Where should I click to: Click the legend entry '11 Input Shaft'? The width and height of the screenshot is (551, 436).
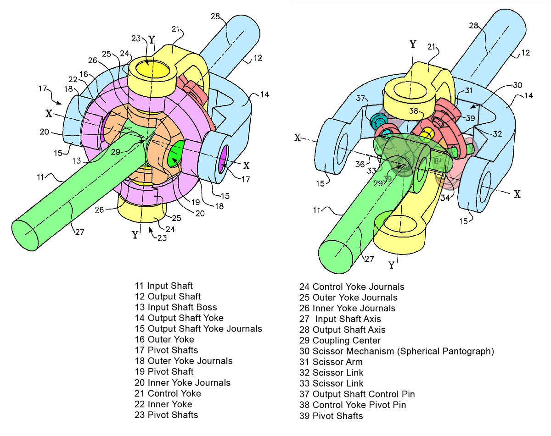click(x=163, y=286)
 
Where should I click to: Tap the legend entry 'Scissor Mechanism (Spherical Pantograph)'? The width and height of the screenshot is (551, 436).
click(x=396, y=351)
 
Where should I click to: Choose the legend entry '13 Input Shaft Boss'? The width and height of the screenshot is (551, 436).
click(x=175, y=307)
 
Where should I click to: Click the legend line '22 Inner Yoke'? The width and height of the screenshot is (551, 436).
click(x=163, y=404)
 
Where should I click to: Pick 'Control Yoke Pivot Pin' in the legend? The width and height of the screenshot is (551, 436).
click(x=353, y=405)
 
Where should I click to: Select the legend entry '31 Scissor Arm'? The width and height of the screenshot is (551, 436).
click(x=331, y=362)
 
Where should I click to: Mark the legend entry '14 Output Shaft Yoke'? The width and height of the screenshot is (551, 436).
click(x=179, y=318)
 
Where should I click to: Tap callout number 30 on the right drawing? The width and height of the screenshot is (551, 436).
click(x=517, y=85)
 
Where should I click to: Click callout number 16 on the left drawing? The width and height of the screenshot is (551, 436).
click(x=84, y=73)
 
